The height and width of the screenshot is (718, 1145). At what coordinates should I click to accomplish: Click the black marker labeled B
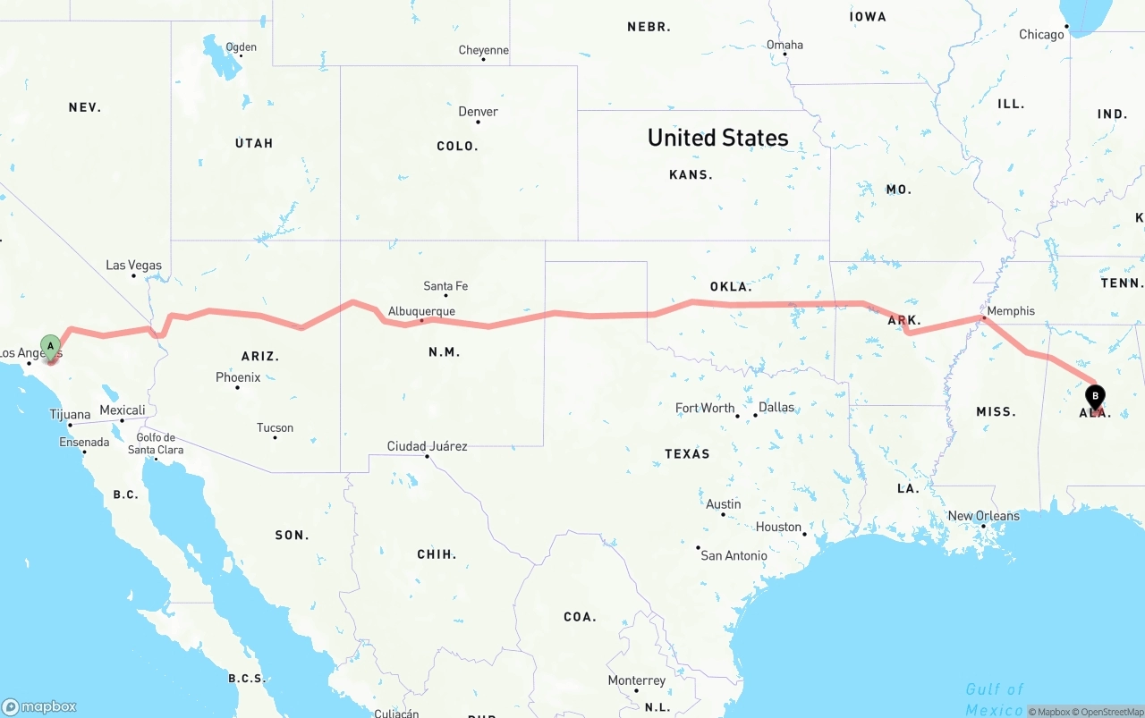tap(1095, 397)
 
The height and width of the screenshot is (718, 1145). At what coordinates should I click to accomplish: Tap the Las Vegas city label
tap(134, 266)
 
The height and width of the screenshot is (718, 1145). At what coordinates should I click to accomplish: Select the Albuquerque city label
tap(421, 311)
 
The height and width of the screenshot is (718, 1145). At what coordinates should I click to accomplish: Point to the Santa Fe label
tap(445, 286)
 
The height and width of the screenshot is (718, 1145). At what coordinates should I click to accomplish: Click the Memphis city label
tap(1011, 311)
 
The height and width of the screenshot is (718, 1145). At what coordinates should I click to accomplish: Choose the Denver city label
tap(478, 112)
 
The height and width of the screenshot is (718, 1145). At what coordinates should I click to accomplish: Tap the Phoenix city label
tap(238, 377)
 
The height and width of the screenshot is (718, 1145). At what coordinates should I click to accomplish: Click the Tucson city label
tap(275, 427)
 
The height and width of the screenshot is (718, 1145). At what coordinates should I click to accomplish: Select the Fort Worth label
tap(705, 408)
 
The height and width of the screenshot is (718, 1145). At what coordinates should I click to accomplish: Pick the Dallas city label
tap(776, 407)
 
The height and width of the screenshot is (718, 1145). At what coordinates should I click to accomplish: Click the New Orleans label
tap(983, 516)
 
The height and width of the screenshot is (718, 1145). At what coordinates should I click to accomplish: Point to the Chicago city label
tap(1041, 35)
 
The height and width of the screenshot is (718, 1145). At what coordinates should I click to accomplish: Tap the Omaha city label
tap(785, 45)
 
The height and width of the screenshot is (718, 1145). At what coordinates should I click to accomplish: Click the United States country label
tap(717, 138)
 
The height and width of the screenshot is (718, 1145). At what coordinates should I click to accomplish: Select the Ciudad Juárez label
tap(427, 446)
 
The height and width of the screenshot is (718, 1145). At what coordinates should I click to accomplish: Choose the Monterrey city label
tap(636, 680)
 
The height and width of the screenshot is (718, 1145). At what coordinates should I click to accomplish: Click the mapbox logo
tap(39, 706)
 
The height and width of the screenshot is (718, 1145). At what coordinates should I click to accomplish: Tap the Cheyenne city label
tap(483, 50)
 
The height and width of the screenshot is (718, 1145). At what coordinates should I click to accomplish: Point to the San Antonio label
tap(734, 555)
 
